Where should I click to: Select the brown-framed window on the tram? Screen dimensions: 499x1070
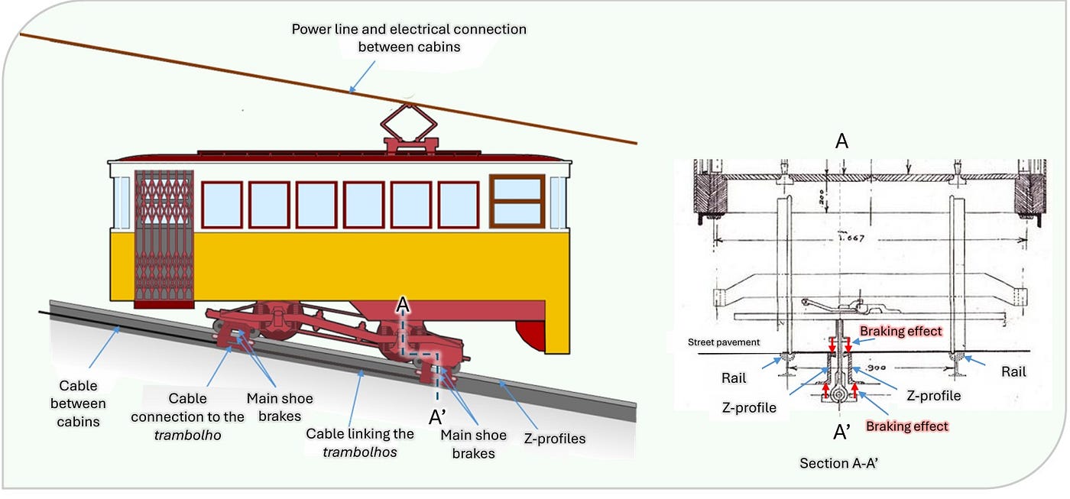(517, 201)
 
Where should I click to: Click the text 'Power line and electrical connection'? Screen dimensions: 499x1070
(409, 30)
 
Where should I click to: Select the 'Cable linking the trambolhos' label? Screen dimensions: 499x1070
(360, 442)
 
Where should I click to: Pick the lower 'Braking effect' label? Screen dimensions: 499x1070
(906, 426)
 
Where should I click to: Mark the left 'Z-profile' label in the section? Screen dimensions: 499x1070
(749, 407)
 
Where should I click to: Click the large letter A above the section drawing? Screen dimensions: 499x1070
(842, 141)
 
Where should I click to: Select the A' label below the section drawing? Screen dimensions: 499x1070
(842, 433)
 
